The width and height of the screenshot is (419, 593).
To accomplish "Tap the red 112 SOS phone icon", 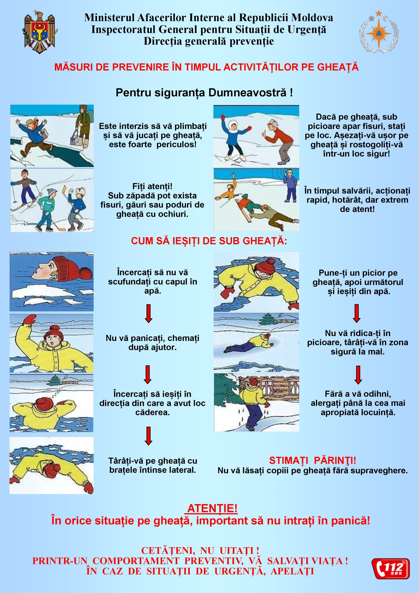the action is coord(391,568).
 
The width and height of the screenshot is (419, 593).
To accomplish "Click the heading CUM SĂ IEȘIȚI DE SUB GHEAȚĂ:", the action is coord(209,241).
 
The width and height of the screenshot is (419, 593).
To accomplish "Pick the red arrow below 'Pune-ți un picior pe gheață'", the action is coord(356,313).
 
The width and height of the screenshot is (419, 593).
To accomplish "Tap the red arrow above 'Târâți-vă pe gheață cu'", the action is coord(148,436).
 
